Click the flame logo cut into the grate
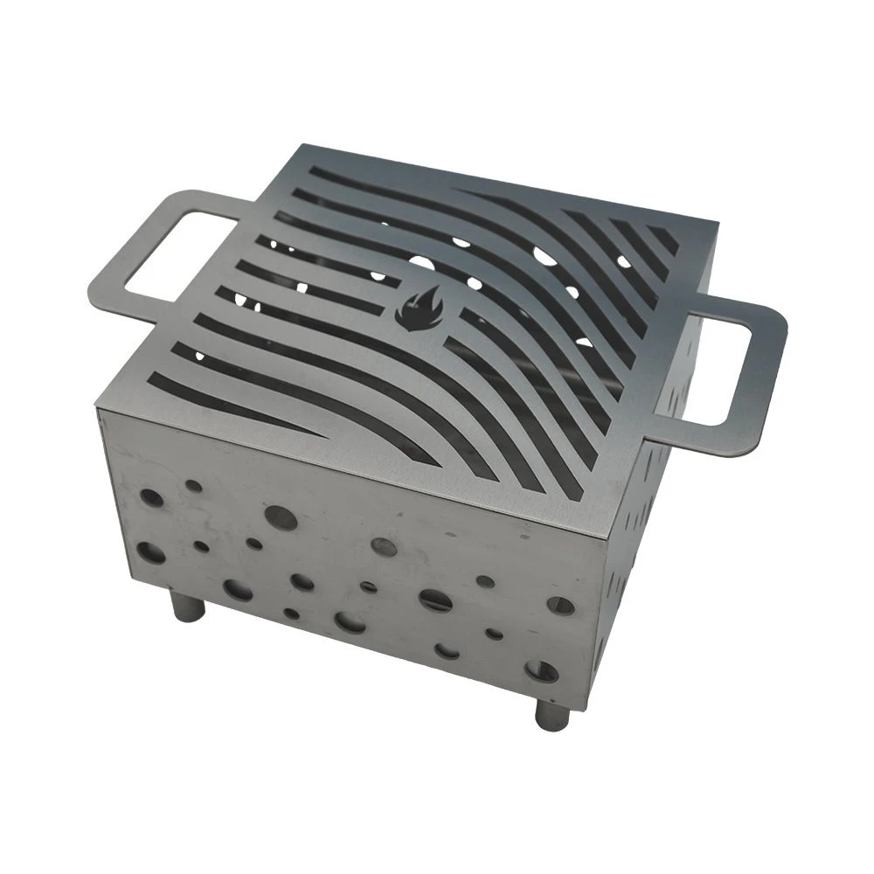click(419, 309)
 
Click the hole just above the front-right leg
click(543, 671)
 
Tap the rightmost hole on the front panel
click(560, 605)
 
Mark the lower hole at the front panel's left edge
click(150, 551)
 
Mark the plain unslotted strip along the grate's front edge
click(350, 472)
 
